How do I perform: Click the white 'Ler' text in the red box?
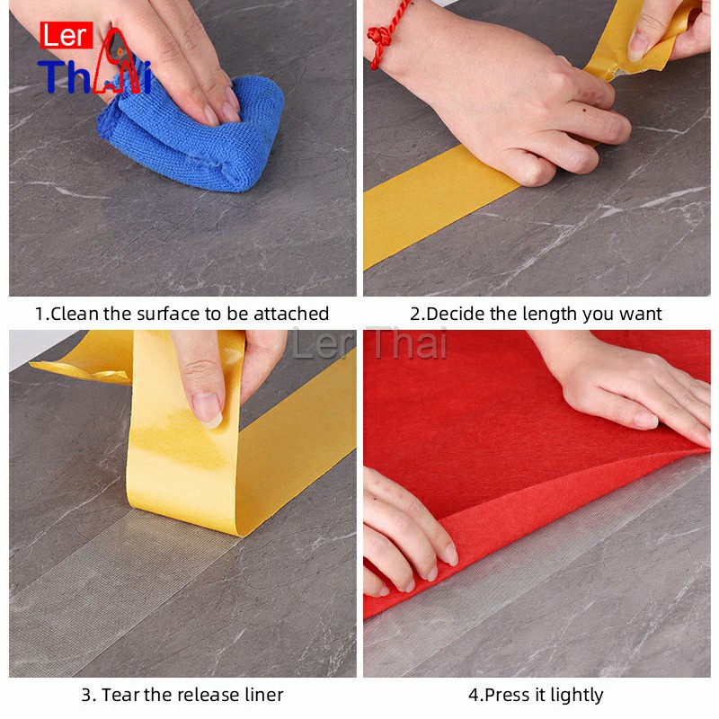[x=67, y=36]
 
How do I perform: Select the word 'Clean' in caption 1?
[x=75, y=314]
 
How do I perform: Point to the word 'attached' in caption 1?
[x=291, y=314]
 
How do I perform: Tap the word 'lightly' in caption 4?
[x=577, y=696]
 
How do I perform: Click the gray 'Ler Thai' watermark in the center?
[x=369, y=343]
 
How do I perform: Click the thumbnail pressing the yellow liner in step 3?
[x=208, y=410]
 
